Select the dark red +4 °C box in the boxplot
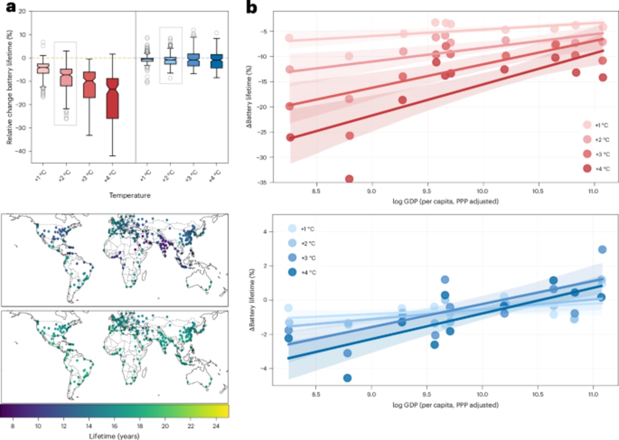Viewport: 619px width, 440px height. (112, 98)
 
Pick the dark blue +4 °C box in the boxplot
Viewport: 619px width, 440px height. (217, 60)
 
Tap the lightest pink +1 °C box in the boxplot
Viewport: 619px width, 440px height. (43, 69)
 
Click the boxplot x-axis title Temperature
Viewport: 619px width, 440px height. (126, 195)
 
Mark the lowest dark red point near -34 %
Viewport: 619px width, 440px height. (349, 179)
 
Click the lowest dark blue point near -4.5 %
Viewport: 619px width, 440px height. (347, 378)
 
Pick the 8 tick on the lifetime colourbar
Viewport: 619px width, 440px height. (12, 427)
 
